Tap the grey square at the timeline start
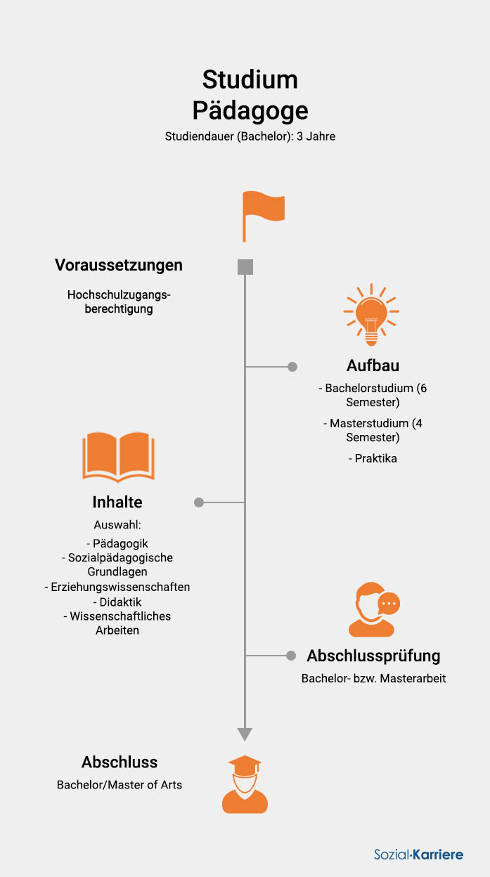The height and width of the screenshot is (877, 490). click(245, 266)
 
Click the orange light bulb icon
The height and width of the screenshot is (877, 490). click(371, 314)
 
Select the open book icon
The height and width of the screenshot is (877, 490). click(118, 457)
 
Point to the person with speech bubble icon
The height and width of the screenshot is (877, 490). click(374, 609)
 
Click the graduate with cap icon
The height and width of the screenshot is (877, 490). click(245, 784)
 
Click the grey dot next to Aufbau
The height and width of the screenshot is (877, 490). click(292, 366)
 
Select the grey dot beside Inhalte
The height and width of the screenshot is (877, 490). click(199, 502)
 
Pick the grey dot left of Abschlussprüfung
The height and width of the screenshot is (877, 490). click(291, 656)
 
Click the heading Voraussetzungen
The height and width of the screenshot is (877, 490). click(119, 265)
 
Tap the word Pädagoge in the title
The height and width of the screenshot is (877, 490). click(250, 111)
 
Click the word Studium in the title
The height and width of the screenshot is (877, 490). click(250, 79)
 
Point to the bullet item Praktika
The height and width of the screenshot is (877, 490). click(373, 458)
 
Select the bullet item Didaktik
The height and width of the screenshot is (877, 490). click(117, 602)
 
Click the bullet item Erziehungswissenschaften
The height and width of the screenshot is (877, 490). click(117, 587)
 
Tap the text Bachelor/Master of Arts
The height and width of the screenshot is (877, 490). click(120, 785)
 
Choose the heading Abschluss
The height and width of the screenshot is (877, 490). click(120, 762)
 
